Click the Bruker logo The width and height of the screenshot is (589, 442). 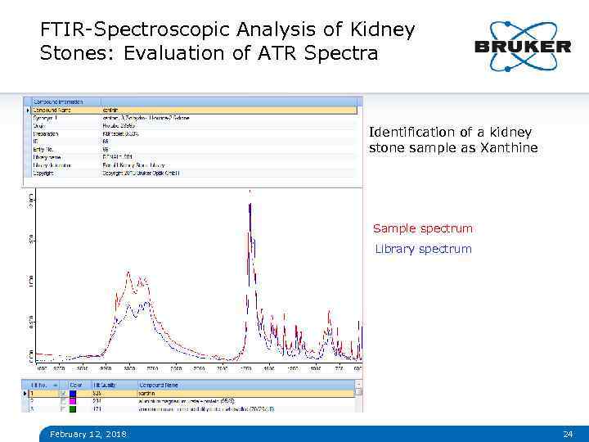tap(522, 46)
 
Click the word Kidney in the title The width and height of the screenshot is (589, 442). tap(383, 30)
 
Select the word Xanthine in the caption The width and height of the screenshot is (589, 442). tap(510, 148)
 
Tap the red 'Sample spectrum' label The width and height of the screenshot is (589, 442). tap(422, 228)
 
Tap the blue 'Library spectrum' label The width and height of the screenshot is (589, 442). tap(423, 249)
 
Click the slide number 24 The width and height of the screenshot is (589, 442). tap(568, 434)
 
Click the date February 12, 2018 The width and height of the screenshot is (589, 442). tap(88, 434)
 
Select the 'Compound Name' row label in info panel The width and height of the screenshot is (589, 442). tap(52, 110)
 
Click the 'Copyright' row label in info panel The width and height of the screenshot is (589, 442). tap(46, 173)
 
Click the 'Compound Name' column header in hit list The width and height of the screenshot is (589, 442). tap(160, 384)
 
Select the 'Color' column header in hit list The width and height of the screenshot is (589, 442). tap(75, 384)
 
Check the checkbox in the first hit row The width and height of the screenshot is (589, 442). tap(63, 393)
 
